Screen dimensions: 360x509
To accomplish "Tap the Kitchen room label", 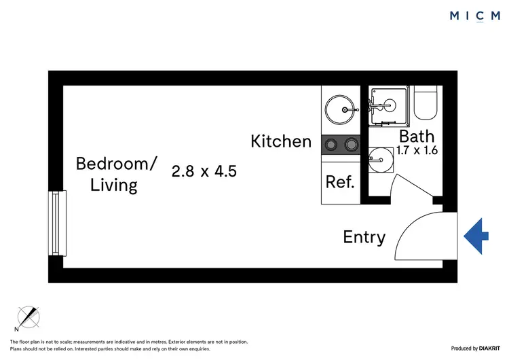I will (x=281, y=141).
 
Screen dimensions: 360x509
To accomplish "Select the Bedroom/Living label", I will (x=116, y=174).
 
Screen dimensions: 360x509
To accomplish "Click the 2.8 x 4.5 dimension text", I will (x=204, y=171).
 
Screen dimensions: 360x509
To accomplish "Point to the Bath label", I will (x=417, y=137).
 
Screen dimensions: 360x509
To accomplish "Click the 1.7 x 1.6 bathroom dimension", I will (x=417, y=151).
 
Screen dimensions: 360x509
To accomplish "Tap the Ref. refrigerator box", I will (x=340, y=182).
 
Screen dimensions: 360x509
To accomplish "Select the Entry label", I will (x=364, y=237).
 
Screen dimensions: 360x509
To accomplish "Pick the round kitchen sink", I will (x=339, y=107).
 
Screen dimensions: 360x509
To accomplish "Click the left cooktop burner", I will (x=331, y=144).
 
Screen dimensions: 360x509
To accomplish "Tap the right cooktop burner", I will (x=350, y=144).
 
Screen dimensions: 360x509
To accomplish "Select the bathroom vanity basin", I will (x=379, y=162).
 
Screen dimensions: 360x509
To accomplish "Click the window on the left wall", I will (x=58, y=223).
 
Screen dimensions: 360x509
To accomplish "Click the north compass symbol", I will (x=29, y=317).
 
